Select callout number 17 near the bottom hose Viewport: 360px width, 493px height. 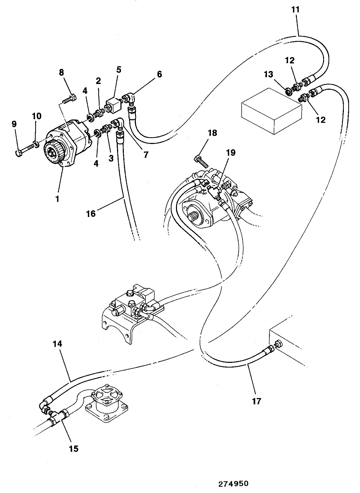coord(256,401)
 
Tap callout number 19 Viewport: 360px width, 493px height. coord(231,152)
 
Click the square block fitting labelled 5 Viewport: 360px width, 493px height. coord(112,106)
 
